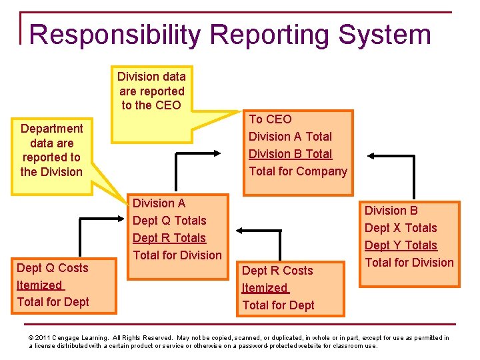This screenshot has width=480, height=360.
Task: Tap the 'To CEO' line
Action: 270,119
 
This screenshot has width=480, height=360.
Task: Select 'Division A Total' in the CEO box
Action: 290,137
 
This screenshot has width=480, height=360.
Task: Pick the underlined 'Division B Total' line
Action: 290,154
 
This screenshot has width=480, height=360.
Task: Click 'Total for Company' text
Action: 298,171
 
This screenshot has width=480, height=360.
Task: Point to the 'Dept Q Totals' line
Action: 169,221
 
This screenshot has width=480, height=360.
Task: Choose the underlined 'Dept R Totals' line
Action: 169,238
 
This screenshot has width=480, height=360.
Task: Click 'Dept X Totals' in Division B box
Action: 401,228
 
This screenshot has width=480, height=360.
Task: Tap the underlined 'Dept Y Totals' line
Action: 401,245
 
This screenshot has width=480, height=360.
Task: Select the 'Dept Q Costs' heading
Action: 52,268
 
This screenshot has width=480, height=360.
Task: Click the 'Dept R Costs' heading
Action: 277,271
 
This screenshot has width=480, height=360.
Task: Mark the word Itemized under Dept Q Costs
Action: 39,285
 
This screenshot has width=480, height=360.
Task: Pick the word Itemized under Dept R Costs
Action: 265,288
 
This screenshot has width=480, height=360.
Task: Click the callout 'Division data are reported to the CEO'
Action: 152,91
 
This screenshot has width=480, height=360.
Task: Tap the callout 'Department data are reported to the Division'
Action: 51,150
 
